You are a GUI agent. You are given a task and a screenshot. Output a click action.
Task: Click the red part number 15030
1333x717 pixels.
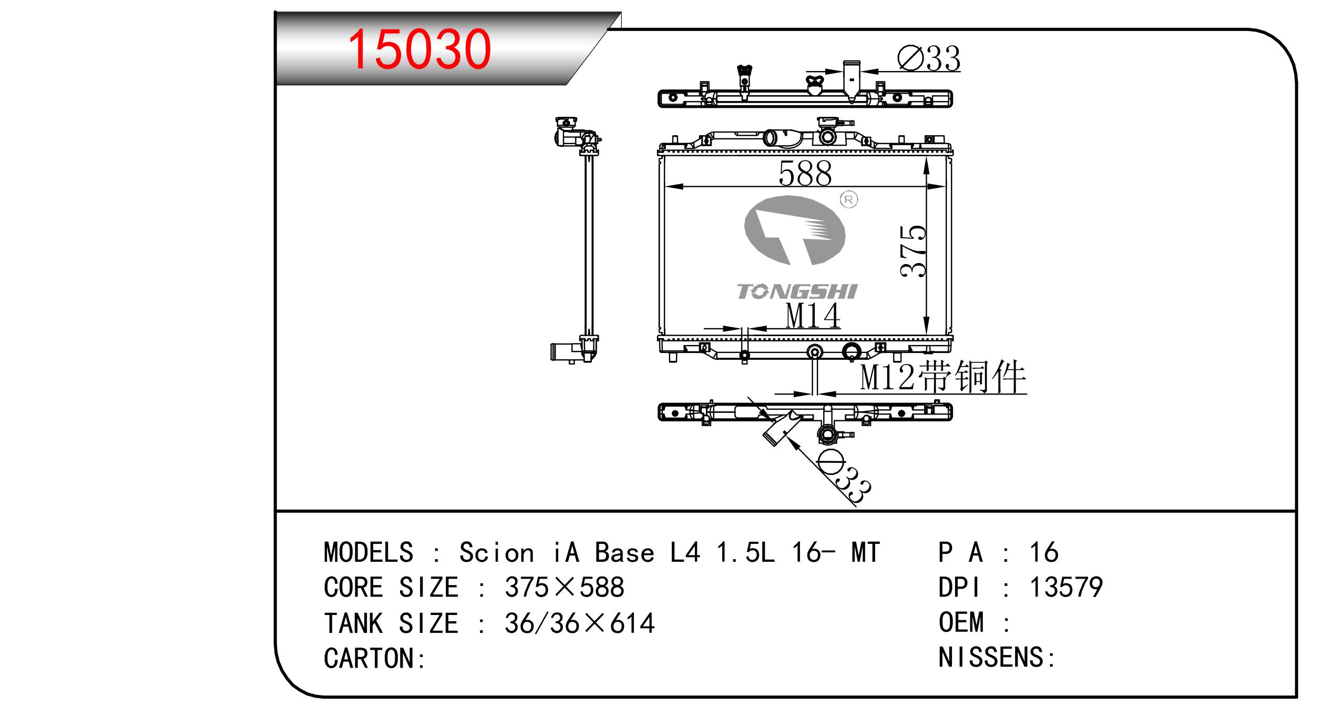(x=419, y=49)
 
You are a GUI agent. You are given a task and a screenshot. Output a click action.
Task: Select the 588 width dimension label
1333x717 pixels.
(x=805, y=173)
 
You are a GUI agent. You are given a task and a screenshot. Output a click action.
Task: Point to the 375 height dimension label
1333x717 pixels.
(x=913, y=251)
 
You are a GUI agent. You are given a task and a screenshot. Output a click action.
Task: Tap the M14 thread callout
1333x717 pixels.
(x=813, y=316)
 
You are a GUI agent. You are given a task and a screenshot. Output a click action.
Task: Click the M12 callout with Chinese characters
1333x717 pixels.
(x=943, y=377)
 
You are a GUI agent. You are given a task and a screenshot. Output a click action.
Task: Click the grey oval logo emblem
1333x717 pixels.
(x=795, y=230)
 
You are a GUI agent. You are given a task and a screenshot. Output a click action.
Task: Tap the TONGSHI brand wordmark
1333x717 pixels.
(x=797, y=291)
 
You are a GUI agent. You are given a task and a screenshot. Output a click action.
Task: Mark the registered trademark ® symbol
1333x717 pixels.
(x=849, y=199)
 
